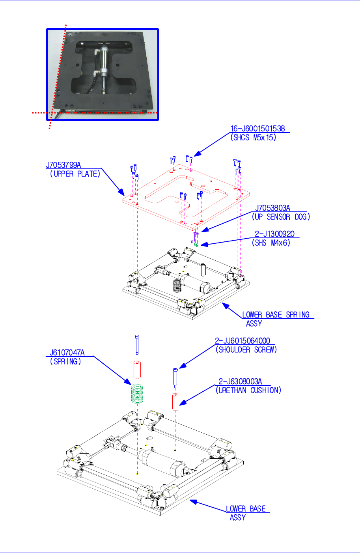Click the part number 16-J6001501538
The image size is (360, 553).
click(x=257, y=129)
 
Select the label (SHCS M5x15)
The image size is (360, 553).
click(x=253, y=138)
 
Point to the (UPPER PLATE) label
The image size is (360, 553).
click(x=75, y=174)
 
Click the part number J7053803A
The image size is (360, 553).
click(x=272, y=208)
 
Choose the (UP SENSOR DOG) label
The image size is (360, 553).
click(x=281, y=217)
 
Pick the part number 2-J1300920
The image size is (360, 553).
click(x=274, y=234)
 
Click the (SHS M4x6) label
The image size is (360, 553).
click(x=271, y=243)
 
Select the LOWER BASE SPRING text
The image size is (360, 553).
click(x=276, y=315)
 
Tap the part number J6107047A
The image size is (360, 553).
click(x=67, y=353)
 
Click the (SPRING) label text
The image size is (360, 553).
click(x=65, y=361)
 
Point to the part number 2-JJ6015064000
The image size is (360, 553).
click(x=242, y=341)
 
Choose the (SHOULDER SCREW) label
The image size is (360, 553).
click(x=246, y=349)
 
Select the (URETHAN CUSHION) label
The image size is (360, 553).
click(x=248, y=390)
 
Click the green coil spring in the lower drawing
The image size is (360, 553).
click(x=136, y=394)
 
